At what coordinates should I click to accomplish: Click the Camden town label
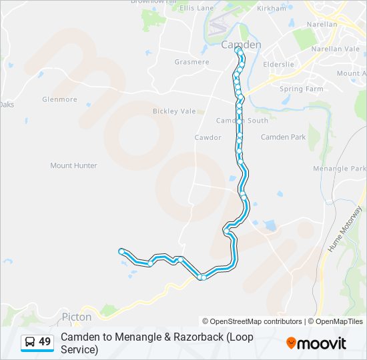(241, 45)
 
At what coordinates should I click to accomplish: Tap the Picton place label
(76, 317)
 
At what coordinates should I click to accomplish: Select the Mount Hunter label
(73, 165)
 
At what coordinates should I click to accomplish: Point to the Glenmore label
(59, 99)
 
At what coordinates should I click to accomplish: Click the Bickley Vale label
(174, 111)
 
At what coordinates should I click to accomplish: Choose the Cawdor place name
(208, 137)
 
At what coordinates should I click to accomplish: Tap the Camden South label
(242, 121)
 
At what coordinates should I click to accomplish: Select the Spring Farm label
(301, 89)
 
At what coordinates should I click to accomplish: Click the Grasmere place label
(192, 62)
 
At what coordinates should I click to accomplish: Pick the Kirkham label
(271, 8)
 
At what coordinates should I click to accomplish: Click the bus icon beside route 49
(30, 342)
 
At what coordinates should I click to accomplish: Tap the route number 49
(45, 342)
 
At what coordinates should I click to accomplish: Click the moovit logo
(316, 343)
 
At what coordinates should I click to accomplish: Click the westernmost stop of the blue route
(121, 251)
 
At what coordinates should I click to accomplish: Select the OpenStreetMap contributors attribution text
(252, 321)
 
